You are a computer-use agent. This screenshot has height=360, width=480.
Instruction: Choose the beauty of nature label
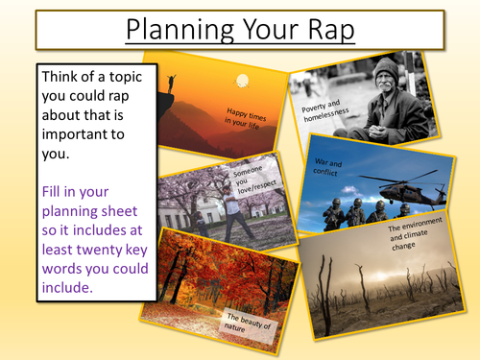click(251, 325)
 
